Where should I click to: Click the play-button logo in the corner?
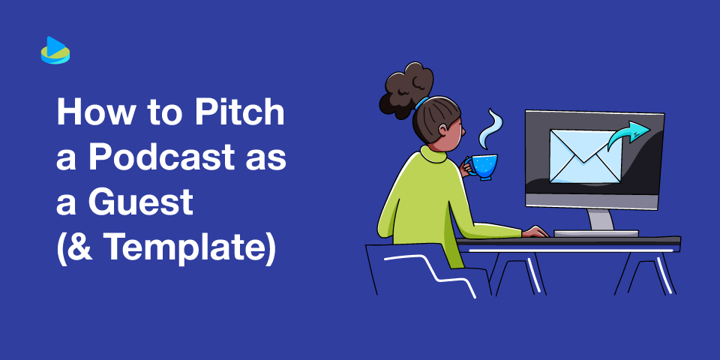tap(55, 51)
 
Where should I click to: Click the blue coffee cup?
tap(484, 165)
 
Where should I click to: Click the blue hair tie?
tap(424, 101)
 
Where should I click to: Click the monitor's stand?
tap(600, 219)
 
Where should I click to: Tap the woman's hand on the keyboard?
tap(534, 232)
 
